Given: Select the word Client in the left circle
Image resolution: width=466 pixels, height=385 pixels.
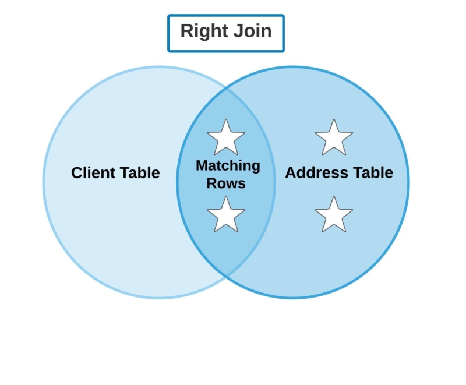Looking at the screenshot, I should tap(93, 173).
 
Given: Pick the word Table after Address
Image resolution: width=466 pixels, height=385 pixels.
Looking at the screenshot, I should tap(373, 173).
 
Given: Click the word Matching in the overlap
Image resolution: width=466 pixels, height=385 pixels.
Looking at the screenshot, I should tap(228, 166).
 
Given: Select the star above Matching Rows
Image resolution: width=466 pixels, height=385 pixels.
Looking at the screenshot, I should tap(226, 138).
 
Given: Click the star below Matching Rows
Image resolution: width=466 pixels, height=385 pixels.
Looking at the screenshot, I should tap(226, 214).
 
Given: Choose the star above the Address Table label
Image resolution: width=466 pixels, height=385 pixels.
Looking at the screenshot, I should tap(334, 138).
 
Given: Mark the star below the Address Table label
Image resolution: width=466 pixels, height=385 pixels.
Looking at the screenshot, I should tap(334, 214).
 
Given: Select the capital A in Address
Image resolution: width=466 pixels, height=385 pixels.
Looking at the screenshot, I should tap(290, 173).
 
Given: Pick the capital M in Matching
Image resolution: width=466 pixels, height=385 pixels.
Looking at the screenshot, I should tap(202, 166).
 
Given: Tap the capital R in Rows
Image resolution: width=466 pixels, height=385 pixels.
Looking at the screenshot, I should tap(212, 183).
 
